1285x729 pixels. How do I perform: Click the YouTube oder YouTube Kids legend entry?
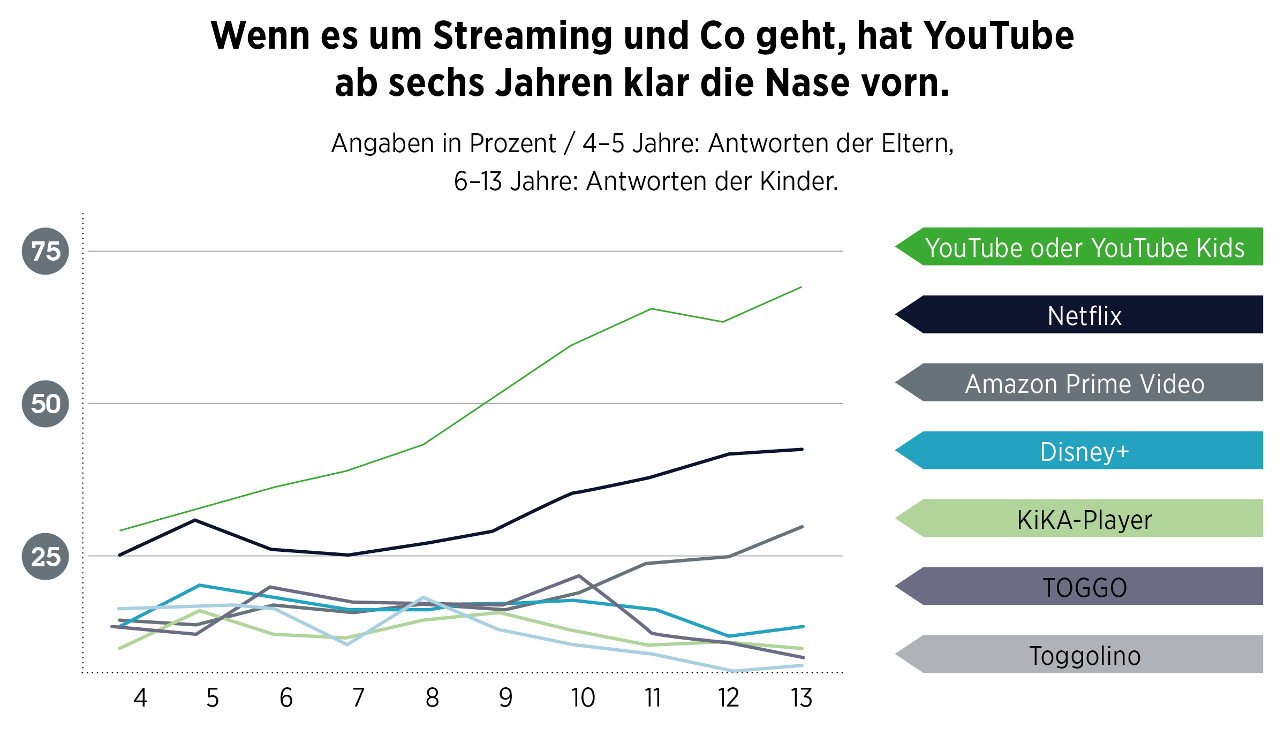(x=1084, y=247)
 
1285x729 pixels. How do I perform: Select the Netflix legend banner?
(x=1084, y=315)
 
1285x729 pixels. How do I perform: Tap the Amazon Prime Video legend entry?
(x=1084, y=383)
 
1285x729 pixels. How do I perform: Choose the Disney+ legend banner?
(x=1084, y=451)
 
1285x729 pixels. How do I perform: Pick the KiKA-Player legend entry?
(x=1084, y=519)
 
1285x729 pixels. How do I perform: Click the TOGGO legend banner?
(x=1084, y=587)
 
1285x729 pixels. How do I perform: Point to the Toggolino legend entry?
(x=1084, y=655)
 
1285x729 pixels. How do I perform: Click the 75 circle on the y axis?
(x=46, y=251)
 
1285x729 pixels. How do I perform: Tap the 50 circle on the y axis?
(x=46, y=404)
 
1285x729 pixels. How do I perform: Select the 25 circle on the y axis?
(x=46, y=557)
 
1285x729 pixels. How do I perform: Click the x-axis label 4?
(x=140, y=698)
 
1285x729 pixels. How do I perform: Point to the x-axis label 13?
(x=802, y=698)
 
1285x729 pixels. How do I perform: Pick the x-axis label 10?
(x=583, y=698)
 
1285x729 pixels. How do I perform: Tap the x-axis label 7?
(x=359, y=698)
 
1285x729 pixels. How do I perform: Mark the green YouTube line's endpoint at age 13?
(x=801, y=287)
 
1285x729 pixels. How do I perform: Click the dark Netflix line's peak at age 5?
(x=195, y=520)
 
